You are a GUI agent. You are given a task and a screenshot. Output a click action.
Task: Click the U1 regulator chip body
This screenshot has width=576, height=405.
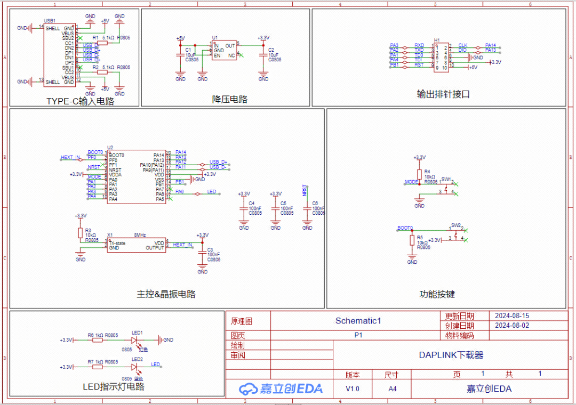tap(224, 51)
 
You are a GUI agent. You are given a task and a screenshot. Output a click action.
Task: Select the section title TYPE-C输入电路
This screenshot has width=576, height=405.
tap(80, 101)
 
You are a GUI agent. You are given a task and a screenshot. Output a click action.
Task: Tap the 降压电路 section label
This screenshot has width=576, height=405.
tap(229, 99)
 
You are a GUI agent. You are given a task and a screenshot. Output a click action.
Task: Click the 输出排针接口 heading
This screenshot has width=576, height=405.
tap(443, 94)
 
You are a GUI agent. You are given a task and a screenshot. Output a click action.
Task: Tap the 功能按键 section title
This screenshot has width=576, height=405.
tap(437, 294)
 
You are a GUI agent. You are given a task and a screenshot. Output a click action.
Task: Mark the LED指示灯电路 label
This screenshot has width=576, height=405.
tap(114, 387)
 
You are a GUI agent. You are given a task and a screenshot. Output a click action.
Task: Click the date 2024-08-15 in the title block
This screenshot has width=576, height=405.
tap(512, 315)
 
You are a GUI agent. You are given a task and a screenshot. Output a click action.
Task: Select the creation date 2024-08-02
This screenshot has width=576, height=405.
tap(512, 326)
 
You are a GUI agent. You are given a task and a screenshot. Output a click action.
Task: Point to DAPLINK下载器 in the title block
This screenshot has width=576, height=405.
tap(451, 355)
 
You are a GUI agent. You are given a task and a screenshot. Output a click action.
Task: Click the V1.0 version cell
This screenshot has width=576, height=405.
tap(352, 389)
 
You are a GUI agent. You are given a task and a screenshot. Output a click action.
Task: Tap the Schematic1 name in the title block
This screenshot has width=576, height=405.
tap(358, 321)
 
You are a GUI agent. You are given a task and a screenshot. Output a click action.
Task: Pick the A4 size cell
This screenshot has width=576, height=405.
tap(392, 389)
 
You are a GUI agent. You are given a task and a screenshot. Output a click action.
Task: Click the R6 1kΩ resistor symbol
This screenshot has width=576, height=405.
tap(98, 339)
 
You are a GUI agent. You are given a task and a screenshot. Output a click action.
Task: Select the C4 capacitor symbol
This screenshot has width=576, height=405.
tap(244, 208)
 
